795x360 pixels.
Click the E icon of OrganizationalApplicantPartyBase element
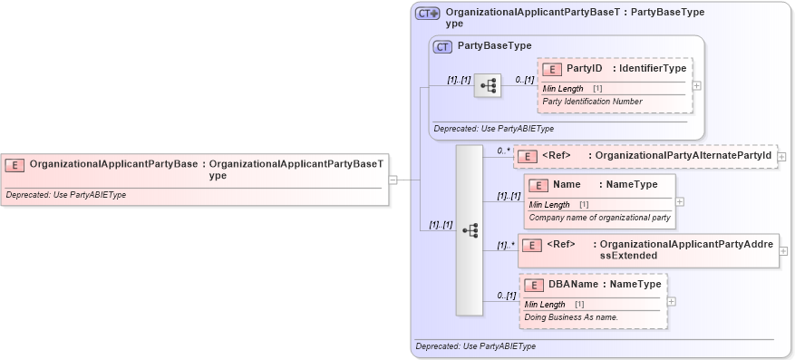(15, 165)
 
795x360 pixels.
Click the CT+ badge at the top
(427, 14)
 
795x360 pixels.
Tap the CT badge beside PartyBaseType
(443, 46)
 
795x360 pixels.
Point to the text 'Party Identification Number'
(592, 102)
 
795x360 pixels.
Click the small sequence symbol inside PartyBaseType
(488, 85)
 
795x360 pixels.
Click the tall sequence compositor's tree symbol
(470, 230)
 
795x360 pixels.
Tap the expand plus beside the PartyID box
(696, 85)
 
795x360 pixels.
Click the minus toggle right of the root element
(393, 180)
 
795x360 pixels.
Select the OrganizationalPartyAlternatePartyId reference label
(683, 156)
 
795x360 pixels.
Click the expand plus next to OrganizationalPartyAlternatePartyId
(781, 157)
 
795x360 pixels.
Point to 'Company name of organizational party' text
(599, 218)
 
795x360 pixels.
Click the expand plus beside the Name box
(680, 201)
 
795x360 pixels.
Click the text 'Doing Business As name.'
(570, 317)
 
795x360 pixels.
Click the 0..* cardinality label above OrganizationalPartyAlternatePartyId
(503, 151)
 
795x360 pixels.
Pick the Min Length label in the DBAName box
(545, 304)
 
